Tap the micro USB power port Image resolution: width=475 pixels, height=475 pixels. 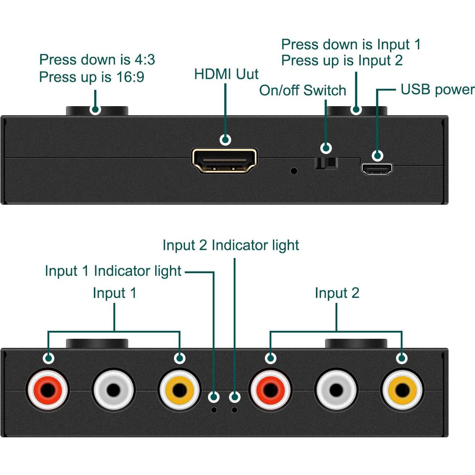point(376,169)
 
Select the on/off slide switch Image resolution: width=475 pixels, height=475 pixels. point(326,163)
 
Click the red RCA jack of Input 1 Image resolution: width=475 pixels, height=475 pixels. point(47,390)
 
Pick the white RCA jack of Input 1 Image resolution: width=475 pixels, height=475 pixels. point(113,390)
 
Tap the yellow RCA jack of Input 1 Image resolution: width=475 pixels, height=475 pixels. point(179,390)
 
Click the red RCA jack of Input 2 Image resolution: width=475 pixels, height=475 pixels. point(270,390)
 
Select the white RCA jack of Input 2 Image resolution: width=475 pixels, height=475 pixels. point(336,390)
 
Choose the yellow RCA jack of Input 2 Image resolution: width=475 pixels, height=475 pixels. point(402,390)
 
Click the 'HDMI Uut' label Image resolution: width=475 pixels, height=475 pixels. point(226,74)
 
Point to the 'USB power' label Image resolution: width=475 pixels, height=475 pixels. point(437,89)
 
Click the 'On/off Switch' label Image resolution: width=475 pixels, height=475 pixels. point(303,91)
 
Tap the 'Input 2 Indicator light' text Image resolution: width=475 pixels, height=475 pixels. point(230,245)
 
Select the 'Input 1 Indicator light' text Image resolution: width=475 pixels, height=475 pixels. point(113,271)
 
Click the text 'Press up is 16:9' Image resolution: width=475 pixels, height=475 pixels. point(91,77)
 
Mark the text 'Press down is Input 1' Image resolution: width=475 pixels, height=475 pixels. point(351,45)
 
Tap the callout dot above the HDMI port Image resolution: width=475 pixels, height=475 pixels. point(225,139)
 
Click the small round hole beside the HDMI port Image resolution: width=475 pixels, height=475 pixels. point(294,171)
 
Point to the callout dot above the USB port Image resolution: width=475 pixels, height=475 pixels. point(378,155)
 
